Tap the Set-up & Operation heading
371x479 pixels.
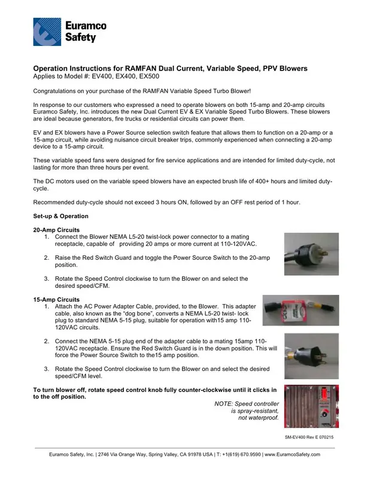pos(60,216)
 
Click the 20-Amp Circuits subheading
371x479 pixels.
pos(55,230)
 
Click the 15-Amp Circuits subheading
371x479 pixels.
pos(55,299)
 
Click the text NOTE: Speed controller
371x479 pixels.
pos(246,403)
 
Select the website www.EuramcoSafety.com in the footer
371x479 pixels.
pos(291,455)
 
